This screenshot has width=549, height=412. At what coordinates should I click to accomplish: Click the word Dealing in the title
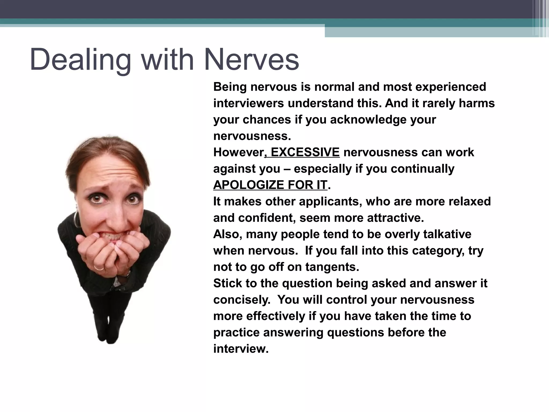pos(80,60)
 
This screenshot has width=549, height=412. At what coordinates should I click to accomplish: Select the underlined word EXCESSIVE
pos(305,152)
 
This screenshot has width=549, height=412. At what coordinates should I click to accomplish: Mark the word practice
pos(236,333)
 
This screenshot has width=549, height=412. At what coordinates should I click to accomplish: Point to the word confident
pos(267,218)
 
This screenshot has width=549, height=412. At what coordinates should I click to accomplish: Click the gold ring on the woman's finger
pos(99,267)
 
